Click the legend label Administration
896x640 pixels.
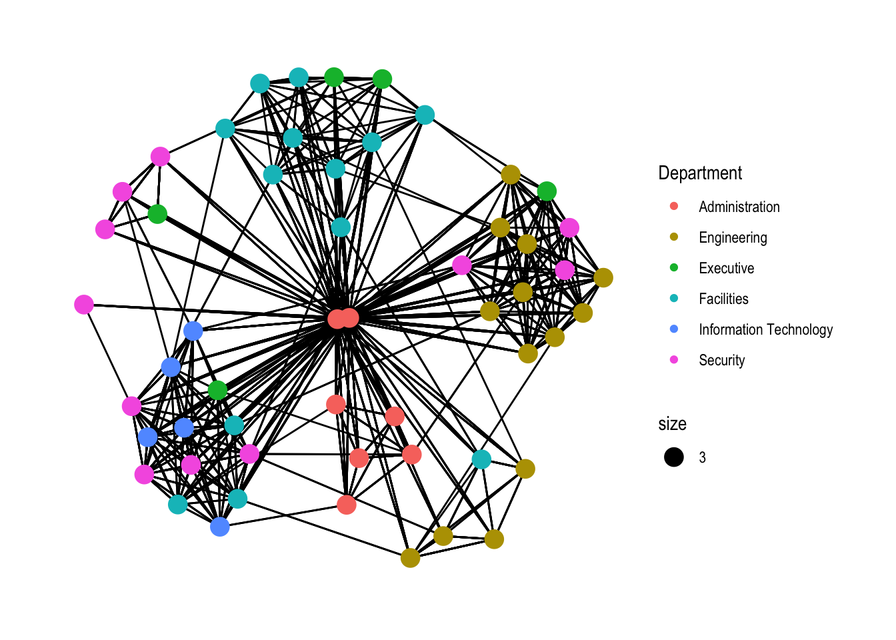739,207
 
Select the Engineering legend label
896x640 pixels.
733,237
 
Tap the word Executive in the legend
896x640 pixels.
726,268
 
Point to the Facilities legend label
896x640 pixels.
723,299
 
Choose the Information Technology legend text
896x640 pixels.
765,329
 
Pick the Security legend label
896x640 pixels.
721,360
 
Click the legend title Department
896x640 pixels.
700,173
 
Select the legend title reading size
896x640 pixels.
672,423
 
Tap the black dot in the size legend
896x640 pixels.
674,457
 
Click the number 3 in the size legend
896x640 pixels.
702,457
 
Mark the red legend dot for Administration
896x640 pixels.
674,206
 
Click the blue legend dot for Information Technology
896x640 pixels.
674,329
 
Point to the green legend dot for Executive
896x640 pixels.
674,267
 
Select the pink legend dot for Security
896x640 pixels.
674,359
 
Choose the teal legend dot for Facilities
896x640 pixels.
674,298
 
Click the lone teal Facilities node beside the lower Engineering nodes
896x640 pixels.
481,459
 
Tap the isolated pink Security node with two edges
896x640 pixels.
84,305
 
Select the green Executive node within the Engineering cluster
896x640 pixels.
547,191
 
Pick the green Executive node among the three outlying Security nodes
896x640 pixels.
157,214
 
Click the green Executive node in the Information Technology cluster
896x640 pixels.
217,390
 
